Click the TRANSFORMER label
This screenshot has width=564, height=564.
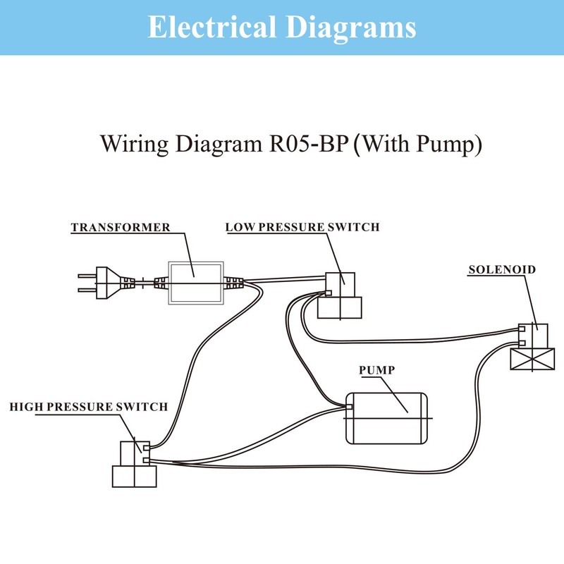tap(120, 228)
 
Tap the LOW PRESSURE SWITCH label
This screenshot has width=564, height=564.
tap(302, 227)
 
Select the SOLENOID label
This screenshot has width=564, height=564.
tap(502, 269)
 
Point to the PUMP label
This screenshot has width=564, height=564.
tap(376, 369)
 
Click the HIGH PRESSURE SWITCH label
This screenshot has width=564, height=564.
tap(88, 407)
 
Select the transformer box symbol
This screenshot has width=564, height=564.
tap(195, 282)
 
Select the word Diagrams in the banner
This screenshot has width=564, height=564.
tap(351, 27)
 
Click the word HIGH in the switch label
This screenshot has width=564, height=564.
tap(24, 407)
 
